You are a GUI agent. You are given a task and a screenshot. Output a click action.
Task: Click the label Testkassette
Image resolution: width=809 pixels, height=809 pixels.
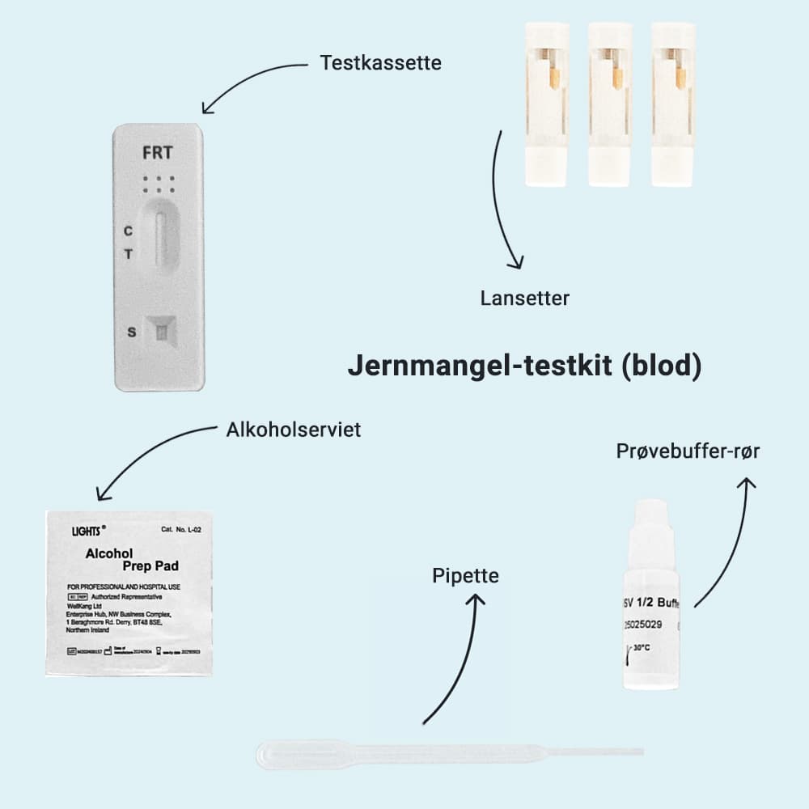pyautogui.click(x=380, y=62)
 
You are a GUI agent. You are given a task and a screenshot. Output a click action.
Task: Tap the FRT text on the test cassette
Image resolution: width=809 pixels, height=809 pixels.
pyautogui.click(x=157, y=152)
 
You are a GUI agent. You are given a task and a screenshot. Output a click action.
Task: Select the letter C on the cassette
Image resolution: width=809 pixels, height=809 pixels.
pyautogui.click(x=128, y=231)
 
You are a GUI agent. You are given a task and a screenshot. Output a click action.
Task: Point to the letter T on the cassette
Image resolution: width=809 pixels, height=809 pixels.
pyautogui.click(x=128, y=254)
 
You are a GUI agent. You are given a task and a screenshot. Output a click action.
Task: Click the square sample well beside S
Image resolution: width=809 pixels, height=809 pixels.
pyautogui.click(x=162, y=332)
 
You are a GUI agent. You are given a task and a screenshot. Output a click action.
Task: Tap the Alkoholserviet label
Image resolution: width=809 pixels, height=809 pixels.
pyautogui.click(x=294, y=430)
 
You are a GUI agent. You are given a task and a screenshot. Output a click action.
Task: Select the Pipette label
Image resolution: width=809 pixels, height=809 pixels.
pyautogui.click(x=465, y=576)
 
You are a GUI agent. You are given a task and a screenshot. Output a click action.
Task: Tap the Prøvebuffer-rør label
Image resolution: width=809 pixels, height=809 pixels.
pyautogui.click(x=688, y=451)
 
